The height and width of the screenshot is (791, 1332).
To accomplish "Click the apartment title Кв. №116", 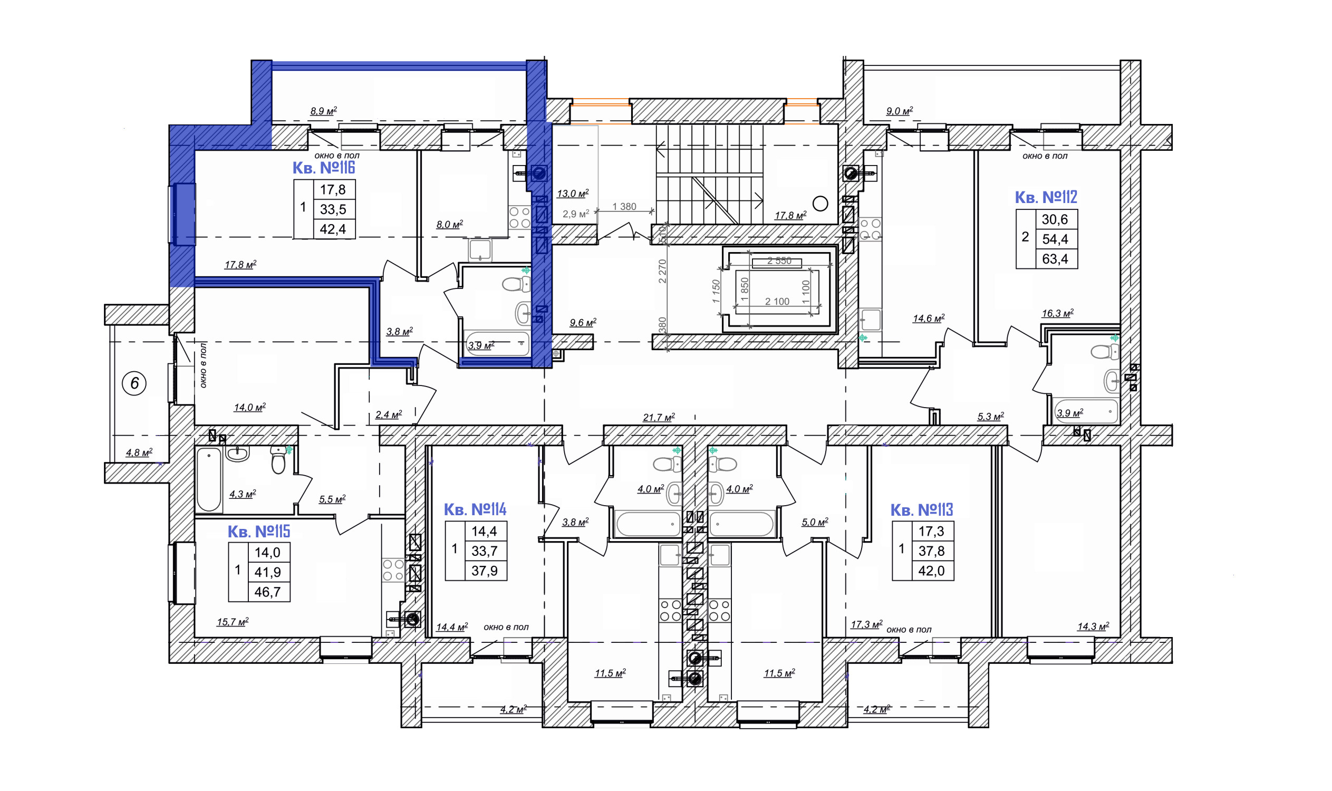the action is pos(324,168).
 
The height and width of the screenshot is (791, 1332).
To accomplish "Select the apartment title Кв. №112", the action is pos(1045,197).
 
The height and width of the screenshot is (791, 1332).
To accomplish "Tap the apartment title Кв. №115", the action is pos(258,532).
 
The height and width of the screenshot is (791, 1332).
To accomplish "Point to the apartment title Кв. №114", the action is pos(475,509).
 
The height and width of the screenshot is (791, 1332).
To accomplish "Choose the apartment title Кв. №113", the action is pos(922,510).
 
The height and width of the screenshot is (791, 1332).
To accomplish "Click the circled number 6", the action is pos(134,383).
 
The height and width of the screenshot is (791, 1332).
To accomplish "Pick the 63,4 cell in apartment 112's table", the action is pos(1055,259).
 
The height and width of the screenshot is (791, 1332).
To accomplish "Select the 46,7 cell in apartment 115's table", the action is pos(267,592).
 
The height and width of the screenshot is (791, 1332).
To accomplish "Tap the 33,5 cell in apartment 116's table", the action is pos(333,209).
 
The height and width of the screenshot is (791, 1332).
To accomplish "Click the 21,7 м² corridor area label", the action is pos(659,417).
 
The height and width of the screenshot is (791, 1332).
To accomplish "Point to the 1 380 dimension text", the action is pos(624,206).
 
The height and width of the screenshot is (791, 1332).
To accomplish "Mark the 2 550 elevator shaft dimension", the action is pos(779,261).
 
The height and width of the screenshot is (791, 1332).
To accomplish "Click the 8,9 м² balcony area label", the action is pos(324,111).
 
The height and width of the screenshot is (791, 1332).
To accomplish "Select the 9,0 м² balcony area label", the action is pos(899,111).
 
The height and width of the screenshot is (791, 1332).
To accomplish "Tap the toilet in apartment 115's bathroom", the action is pos(278,460).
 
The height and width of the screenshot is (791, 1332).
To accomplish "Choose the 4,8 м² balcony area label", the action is pos(139,452).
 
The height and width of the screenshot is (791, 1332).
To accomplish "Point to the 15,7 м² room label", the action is pos(233,622).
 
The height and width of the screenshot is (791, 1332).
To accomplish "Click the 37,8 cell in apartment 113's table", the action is pos(931,551).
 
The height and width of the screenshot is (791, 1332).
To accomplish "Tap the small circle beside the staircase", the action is pos(821,203).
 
